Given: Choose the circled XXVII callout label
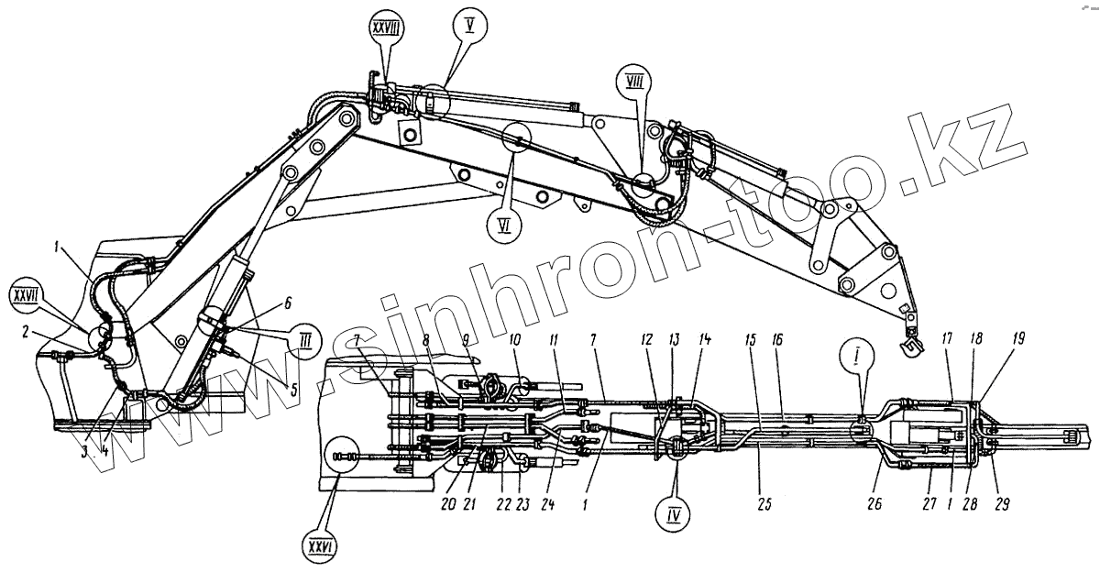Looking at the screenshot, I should [x=26, y=297].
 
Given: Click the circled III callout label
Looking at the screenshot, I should [x=302, y=340].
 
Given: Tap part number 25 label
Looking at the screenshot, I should [x=760, y=504].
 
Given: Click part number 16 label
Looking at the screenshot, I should [x=777, y=340].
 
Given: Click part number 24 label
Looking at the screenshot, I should [x=546, y=503].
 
